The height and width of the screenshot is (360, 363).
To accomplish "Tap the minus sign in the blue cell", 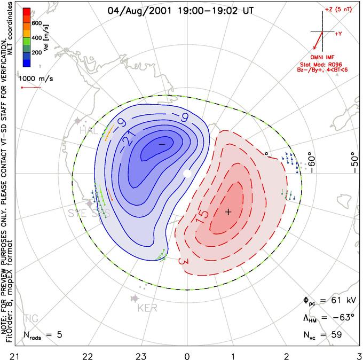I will [162, 144].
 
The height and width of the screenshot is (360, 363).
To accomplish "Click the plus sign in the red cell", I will [228, 212].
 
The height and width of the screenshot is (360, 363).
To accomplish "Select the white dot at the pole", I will [186, 174].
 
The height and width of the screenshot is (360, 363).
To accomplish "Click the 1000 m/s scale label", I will [35, 77].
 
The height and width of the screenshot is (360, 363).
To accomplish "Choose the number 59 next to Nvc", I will [336, 335].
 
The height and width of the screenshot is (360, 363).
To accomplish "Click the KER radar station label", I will [148, 308].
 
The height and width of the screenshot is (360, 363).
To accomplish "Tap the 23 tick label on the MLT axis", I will [141, 354].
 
